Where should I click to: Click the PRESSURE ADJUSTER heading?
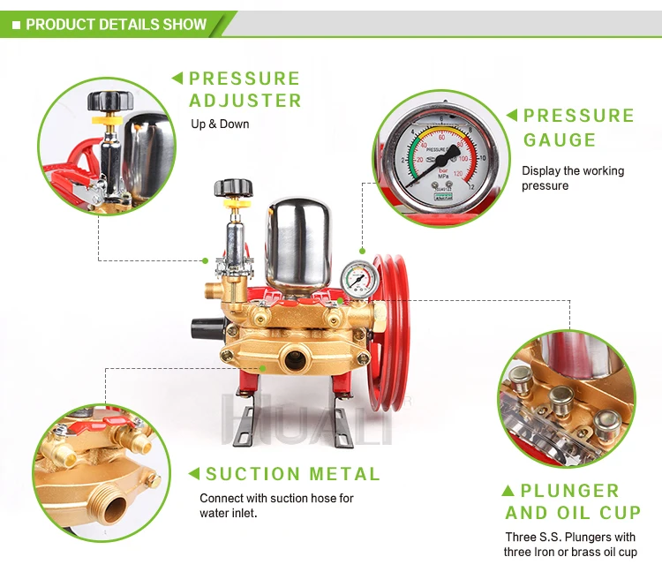[x=244, y=89]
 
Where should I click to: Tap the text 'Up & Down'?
[x=220, y=124]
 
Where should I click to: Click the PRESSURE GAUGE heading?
[x=578, y=127]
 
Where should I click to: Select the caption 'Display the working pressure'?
[x=572, y=177]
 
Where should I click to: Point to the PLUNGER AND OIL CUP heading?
[x=573, y=501]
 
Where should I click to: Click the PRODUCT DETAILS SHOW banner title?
[x=116, y=24]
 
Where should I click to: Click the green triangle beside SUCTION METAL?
[x=192, y=474]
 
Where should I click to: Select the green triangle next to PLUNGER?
[x=508, y=490]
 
